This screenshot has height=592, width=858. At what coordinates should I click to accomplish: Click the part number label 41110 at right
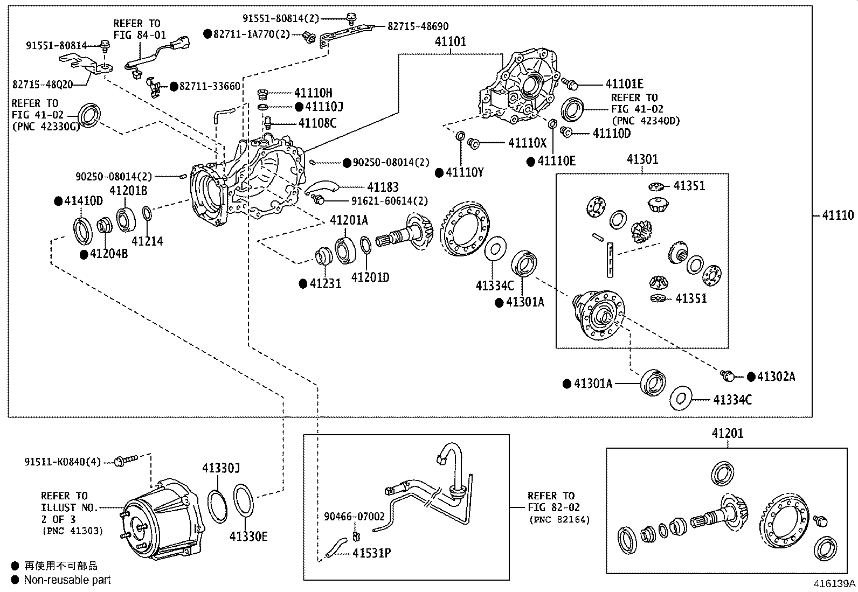838,215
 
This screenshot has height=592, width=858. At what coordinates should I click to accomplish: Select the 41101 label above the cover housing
450,41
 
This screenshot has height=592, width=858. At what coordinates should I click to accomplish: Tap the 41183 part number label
383,187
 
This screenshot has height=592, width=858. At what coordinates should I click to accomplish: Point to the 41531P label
372,553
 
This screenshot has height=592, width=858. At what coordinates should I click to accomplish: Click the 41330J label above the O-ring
221,468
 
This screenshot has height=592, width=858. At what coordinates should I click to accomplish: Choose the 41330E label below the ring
248,536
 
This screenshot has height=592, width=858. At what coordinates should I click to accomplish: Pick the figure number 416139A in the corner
835,583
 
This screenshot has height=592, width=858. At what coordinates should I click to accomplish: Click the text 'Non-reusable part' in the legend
67,580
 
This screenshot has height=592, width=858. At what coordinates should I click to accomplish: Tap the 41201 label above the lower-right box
727,433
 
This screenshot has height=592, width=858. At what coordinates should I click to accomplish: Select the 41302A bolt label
776,377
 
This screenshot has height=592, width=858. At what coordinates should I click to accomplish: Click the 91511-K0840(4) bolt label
63,462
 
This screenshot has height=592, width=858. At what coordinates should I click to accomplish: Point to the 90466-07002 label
355,517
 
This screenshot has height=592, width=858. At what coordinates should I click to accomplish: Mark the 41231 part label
326,283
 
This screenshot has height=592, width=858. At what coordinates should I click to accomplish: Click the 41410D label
84,201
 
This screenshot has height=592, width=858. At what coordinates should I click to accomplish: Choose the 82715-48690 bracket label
418,26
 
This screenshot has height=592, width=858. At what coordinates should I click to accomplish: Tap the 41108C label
317,123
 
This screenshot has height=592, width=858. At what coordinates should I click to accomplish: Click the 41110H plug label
313,93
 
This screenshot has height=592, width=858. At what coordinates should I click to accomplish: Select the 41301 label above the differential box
642,159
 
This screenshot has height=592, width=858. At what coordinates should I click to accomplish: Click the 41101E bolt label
624,84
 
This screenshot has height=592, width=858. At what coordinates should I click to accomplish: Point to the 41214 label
147,241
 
